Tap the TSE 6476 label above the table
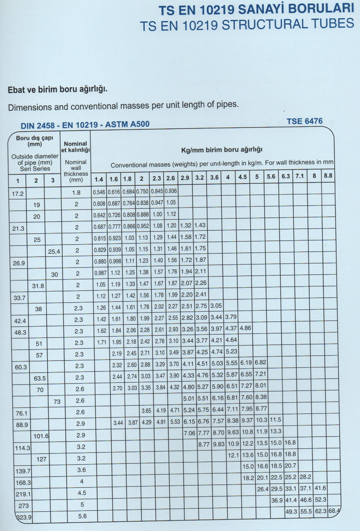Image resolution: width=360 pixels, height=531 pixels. click(x=305, y=121)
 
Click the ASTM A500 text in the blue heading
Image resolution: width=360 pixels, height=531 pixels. click(x=127, y=124)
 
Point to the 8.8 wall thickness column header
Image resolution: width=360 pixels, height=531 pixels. click(x=328, y=176)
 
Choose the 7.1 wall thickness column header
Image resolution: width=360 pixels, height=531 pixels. click(x=300, y=176)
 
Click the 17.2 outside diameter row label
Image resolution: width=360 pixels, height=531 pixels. click(x=18, y=194)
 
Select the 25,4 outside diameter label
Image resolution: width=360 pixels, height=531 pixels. click(x=54, y=252)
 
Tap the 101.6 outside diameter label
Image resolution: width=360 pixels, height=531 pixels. click(x=41, y=436)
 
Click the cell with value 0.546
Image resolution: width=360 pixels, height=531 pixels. click(x=99, y=192)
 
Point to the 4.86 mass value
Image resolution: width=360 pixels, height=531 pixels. click(x=245, y=328)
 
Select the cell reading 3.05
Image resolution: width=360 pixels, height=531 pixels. click(x=216, y=306)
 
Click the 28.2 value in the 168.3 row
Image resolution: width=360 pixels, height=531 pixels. click(x=305, y=477)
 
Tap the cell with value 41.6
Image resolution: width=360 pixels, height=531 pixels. click(x=320, y=488)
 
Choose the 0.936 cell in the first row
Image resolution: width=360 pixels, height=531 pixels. click(x=171, y=191)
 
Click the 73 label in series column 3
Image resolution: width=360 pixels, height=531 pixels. click(x=57, y=402)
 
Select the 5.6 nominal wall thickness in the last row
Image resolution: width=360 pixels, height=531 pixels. click(x=82, y=516)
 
